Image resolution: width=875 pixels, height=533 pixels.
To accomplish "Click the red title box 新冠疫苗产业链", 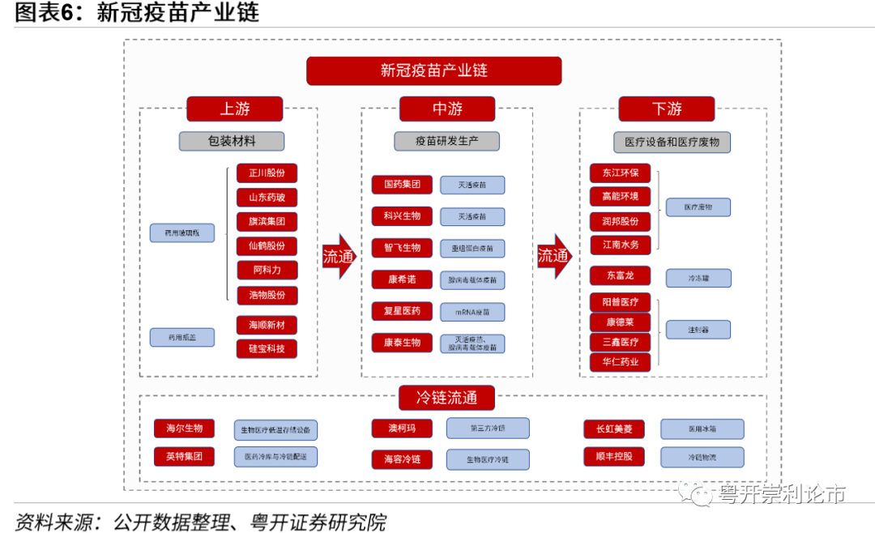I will pyautogui.click(x=433, y=70).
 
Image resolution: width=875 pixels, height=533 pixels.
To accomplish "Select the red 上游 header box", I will pyautogui.click(x=234, y=109).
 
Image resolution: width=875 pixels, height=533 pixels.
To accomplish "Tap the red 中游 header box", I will pyautogui.click(x=446, y=109).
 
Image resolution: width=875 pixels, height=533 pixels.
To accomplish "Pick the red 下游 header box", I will pyautogui.click(x=666, y=109).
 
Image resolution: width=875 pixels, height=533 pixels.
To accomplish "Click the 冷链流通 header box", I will pyautogui.click(x=446, y=398).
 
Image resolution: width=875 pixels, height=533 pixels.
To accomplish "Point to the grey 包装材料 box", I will pyautogui.click(x=232, y=141).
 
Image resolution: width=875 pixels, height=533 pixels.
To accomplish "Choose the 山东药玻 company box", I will pyautogui.click(x=267, y=198).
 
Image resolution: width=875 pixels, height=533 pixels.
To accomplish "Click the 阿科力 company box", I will pyautogui.click(x=267, y=270).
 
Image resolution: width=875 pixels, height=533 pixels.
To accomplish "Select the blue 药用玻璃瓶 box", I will pyautogui.click(x=182, y=233).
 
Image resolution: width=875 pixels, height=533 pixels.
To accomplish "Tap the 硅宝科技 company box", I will pyautogui.click(x=267, y=349).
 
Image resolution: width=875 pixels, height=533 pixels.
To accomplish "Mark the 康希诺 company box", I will pyautogui.click(x=402, y=279).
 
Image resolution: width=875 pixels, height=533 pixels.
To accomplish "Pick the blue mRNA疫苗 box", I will pyautogui.click(x=472, y=312).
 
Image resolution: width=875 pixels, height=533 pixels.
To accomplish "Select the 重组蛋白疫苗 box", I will pyautogui.click(x=472, y=249).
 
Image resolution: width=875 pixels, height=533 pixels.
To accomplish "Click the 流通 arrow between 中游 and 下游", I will pyautogui.click(x=554, y=257).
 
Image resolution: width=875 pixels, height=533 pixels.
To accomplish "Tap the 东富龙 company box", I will pyautogui.click(x=620, y=276).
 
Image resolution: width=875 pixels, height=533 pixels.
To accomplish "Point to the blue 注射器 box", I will pyautogui.click(x=698, y=330).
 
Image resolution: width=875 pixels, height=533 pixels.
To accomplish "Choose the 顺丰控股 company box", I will pyautogui.click(x=613, y=456).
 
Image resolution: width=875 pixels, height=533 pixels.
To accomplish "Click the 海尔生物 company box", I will pyautogui.click(x=184, y=429).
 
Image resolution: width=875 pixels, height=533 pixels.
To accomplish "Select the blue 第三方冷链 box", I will pyautogui.click(x=488, y=429).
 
